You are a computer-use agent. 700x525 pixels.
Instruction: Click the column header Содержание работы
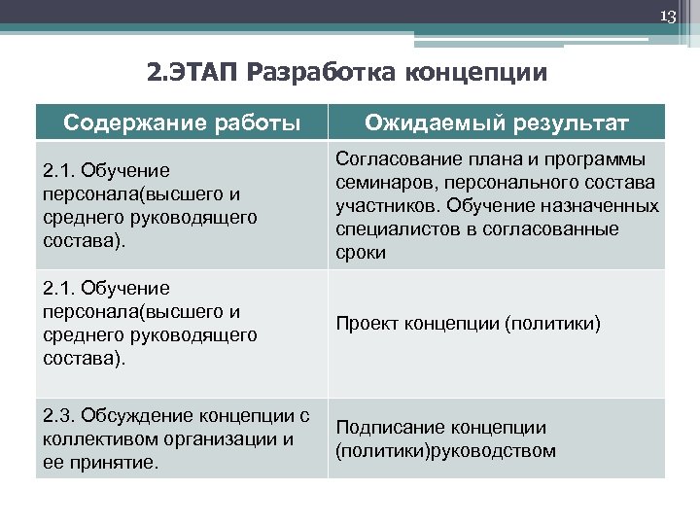point(182,122)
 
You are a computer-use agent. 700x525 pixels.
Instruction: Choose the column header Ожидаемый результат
point(496,122)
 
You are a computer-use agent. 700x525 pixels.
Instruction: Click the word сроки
point(361,252)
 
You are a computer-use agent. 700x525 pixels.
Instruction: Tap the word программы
point(603,158)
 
